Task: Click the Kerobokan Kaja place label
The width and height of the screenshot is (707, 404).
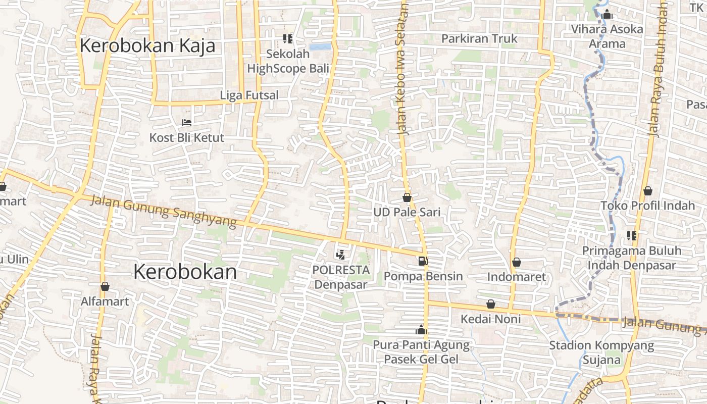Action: (147, 45)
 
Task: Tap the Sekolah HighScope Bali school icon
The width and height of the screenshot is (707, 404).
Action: (288, 38)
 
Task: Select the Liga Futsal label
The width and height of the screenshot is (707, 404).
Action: (249, 95)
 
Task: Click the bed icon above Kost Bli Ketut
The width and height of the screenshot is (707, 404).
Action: (186, 122)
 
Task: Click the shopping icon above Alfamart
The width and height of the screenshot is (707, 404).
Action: (105, 286)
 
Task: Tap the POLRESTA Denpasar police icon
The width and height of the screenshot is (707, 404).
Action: (341, 255)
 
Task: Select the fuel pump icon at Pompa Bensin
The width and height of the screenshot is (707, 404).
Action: (423, 261)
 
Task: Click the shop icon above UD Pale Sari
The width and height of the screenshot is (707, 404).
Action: (407, 197)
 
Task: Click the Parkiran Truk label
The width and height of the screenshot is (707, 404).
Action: (479, 38)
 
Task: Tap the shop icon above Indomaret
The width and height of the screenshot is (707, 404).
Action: (516, 262)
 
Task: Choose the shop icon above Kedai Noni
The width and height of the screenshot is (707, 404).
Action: (490, 304)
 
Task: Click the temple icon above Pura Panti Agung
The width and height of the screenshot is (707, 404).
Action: (421, 330)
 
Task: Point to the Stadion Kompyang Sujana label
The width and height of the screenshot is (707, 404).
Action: (601, 352)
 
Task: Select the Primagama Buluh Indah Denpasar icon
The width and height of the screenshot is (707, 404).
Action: (631, 235)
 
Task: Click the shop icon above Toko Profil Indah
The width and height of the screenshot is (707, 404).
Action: (648, 191)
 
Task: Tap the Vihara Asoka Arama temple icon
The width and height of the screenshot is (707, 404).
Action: (607, 15)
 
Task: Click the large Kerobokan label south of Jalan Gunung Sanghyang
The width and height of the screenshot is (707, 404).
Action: (185, 272)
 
